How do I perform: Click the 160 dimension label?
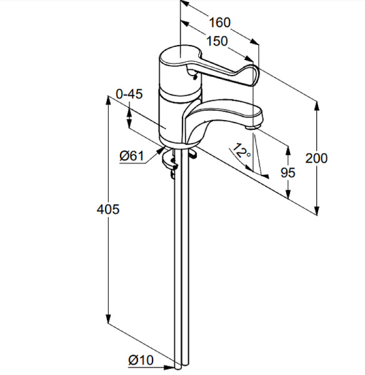[220, 22]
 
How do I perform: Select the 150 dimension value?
[217, 41]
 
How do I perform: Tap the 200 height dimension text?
[316, 158]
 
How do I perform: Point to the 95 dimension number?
[288, 172]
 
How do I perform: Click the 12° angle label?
[242, 151]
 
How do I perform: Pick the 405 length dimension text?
[108, 209]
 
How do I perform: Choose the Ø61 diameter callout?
[132, 156]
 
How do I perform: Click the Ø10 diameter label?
[141, 359]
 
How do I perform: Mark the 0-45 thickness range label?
[129, 94]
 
